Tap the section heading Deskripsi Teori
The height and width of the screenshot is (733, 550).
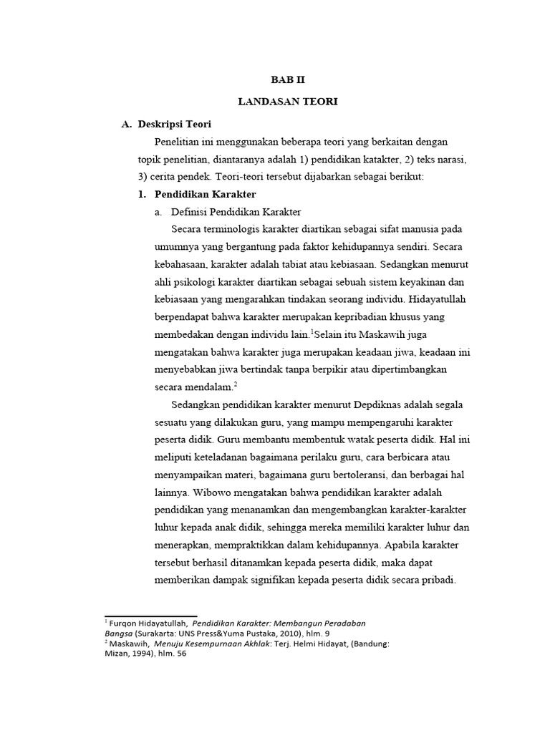click(x=174, y=124)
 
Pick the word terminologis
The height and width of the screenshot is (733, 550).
click(x=235, y=229)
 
